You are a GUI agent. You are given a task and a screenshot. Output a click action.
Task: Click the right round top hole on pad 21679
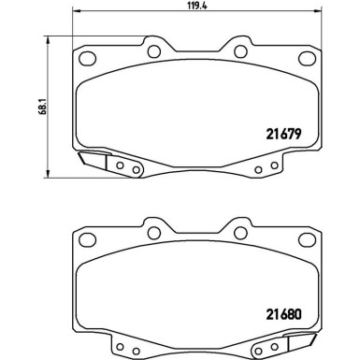[x=238, y=51]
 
